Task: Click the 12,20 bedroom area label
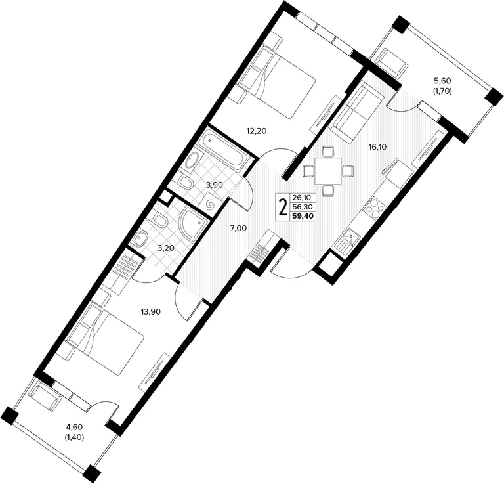(x=257, y=131)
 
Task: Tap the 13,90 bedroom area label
(x=151, y=311)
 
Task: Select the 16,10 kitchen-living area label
(x=378, y=147)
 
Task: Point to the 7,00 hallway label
(x=238, y=229)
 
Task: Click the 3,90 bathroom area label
(x=215, y=185)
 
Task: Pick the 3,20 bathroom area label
(x=166, y=248)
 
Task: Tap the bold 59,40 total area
(x=303, y=216)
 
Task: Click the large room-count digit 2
(x=283, y=208)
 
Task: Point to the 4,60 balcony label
(x=75, y=427)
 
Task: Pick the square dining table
(x=328, y=171)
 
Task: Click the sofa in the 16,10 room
(x=356, y=111)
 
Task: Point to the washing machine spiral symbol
(x=211, y=204)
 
